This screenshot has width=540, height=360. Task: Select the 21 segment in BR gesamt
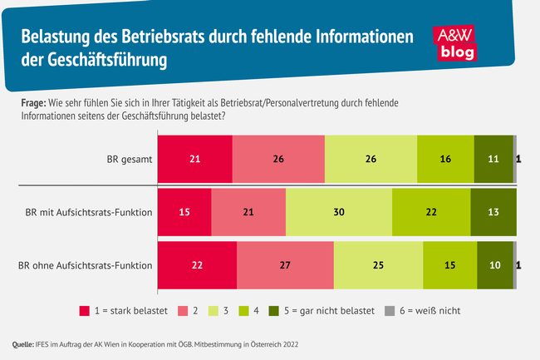194,156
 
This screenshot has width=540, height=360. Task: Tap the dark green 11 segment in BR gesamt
493,156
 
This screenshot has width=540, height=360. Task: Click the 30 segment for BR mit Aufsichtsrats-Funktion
338,211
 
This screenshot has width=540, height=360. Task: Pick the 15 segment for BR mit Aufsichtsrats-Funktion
184,211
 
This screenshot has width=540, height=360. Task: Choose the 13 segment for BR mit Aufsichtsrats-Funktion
493,211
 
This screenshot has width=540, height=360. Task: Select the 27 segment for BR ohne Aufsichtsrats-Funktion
285,266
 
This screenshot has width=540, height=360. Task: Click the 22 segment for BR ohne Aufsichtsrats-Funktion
197,266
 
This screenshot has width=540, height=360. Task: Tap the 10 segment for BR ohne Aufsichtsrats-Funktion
494,266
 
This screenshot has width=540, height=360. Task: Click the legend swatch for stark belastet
84,311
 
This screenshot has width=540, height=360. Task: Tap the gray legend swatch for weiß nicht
389,311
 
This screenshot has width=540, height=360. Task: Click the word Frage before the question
32,102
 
